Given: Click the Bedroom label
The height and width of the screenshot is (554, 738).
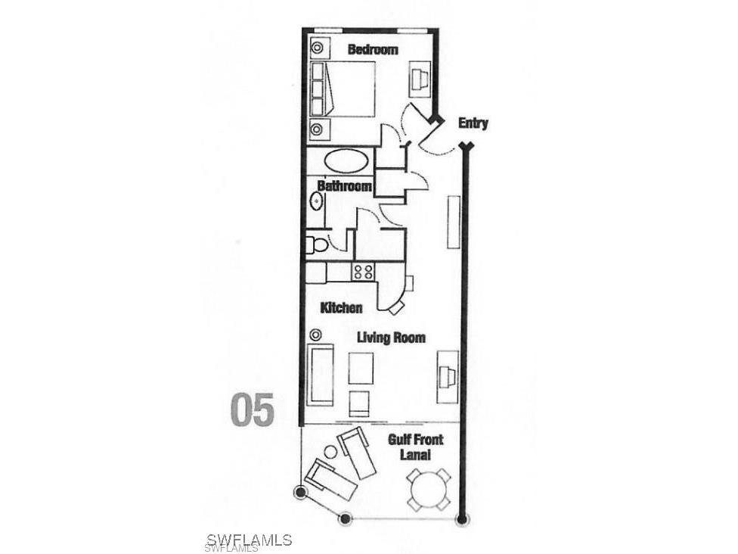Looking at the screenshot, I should point(372,50).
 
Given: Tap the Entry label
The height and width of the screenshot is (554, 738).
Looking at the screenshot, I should point(473,123).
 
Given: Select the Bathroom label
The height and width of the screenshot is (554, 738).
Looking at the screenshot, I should point(344,185).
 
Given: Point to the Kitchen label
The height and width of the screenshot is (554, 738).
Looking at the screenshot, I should point(341,307).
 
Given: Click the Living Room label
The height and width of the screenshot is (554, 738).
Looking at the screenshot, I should point(391,338).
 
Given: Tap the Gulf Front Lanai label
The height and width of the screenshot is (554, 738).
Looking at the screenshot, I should point(415,447).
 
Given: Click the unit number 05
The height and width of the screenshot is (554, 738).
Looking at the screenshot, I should point(252,409).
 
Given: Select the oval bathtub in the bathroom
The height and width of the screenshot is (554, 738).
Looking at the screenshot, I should point(344,161).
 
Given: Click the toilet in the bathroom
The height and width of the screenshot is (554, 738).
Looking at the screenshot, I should point(316,244).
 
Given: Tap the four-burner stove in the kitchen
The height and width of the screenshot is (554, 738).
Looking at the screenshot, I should point(363,271).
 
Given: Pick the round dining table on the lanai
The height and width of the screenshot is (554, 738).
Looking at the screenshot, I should point(429,488).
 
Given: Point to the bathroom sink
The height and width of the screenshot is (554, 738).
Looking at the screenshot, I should point(316,202).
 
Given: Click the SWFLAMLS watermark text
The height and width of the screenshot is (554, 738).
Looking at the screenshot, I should point(248,540).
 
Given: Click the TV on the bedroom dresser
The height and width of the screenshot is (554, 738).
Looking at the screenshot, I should point(418,78).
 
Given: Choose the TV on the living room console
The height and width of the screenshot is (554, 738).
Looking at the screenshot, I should point(446,375).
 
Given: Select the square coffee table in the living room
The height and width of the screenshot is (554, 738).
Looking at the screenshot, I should point(361,369).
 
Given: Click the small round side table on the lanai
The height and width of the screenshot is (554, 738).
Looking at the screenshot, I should point(330,452).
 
